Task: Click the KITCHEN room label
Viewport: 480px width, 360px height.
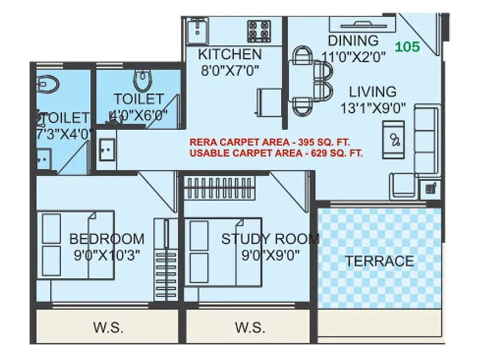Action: (230, 55)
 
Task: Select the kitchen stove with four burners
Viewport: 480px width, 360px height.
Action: (259, 29)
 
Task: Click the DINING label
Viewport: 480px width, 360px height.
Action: (353, 41)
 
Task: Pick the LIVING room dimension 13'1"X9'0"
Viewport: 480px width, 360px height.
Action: (373, 108)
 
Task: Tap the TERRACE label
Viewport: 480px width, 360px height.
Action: (379, 261)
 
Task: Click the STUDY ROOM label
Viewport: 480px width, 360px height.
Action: (270, 239)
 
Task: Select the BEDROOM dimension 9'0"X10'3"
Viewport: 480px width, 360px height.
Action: (106, 254)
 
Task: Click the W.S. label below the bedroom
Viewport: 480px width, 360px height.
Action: (108, 328)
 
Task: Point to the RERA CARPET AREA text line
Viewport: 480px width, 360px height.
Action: (269, 143)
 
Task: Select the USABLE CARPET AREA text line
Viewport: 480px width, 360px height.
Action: (276, 154)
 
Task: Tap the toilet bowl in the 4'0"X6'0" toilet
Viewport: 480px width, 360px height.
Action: (142, 79)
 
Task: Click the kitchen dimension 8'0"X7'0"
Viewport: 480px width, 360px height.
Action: (230, 70)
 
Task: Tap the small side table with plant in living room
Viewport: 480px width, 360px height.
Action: (430, 188)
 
